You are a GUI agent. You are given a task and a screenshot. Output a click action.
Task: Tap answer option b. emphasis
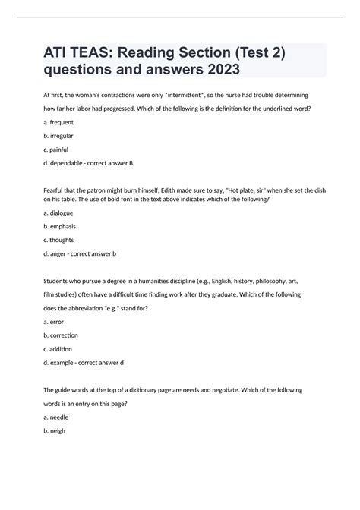61,227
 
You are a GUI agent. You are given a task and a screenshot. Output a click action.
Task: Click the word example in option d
66,362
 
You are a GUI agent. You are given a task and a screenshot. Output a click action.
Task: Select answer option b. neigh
55,430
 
